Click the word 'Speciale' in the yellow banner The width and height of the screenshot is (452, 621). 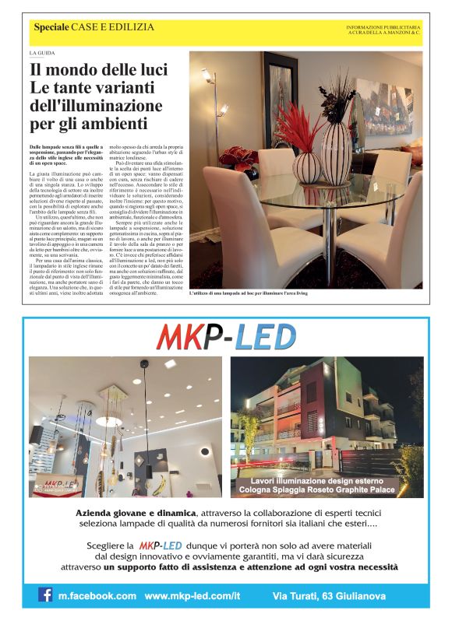51,27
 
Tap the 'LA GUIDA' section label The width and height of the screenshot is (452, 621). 42,53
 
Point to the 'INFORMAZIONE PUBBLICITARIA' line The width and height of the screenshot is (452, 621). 383,27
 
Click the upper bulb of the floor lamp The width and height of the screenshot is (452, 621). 208,75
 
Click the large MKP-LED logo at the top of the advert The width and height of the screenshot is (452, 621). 226,337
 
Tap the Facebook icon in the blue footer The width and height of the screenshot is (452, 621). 47,595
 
